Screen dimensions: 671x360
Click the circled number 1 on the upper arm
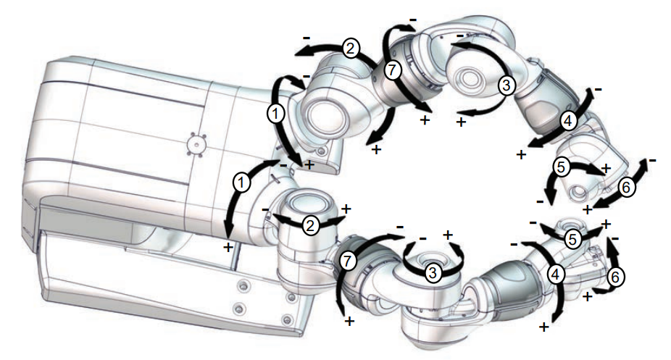coord(275,114)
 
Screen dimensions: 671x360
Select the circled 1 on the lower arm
coord(241,183)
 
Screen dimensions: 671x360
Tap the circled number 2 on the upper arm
coord(350,49)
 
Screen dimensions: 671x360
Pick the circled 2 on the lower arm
coord(310,225)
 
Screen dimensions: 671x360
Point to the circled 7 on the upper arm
coord(393,70)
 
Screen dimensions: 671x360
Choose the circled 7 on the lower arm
coord(348,261)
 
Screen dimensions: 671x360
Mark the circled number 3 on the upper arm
coord(507,85)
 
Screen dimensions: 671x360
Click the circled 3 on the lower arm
coord(433,272)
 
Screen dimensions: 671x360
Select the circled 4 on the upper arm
coord(568,121)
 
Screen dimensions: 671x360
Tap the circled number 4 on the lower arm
coord(556,274)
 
